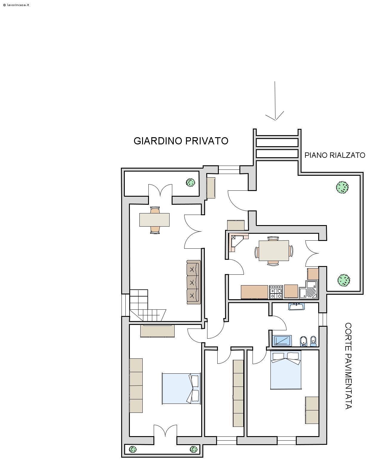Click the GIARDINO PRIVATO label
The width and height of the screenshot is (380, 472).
coord(181,141)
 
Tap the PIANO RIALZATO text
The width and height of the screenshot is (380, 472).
coord(335,155)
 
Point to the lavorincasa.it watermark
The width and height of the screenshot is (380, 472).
coord(16,5)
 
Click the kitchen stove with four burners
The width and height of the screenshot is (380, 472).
coord(276,292)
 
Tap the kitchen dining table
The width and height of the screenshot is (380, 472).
coord(274,251)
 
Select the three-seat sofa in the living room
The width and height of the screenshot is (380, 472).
coord(194,282)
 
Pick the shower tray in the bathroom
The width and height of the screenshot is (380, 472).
coord(282,340)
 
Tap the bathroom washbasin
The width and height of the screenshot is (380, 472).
coord(296,306)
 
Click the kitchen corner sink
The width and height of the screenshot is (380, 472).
coord(308,290)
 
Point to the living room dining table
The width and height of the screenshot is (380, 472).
coord(154,220)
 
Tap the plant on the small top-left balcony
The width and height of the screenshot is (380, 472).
coord(190,182)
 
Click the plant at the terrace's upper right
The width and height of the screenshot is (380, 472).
coord(342,187)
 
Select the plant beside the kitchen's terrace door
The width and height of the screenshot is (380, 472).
coord(344,280)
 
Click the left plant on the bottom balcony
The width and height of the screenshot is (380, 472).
coord(133,449)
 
